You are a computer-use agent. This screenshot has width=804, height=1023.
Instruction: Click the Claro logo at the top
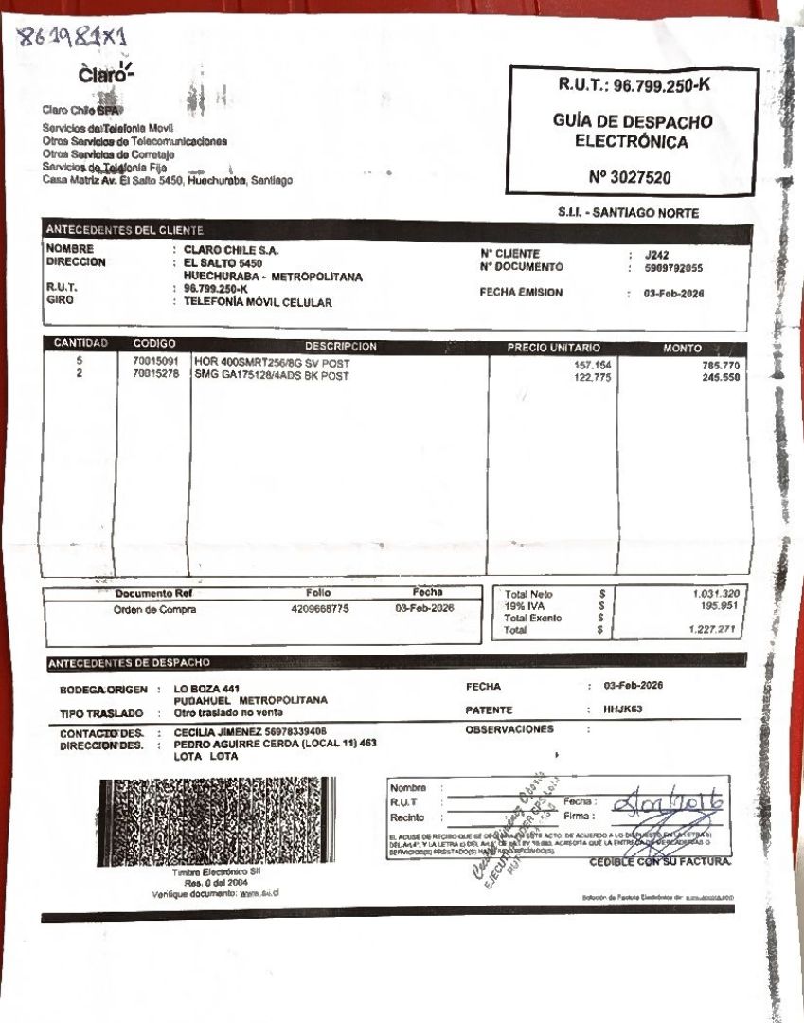pyautogui.click(x=106, y=74)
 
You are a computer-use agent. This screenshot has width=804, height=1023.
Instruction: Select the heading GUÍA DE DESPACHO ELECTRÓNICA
pyautogui.click(x=634, y=132)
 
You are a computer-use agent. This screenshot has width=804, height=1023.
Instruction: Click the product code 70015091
pyautogui.click(x=155, y=362)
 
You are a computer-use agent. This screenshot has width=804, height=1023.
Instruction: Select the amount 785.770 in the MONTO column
pyautogui.click(x=721, y=365)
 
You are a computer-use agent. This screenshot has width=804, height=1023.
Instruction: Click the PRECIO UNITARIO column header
pyautogui.click(x=554, y=348)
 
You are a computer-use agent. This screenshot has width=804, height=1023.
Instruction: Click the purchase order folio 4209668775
pyautogui.click(x=320, y=609)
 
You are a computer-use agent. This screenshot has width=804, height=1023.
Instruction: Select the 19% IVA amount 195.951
pyautogui.click(x=720, y=605)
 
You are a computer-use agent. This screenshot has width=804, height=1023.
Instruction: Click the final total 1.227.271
pyautogui.click(x=716, y=629)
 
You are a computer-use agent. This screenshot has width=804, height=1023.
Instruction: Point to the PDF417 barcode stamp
pyautogui.click(x=216, y=821)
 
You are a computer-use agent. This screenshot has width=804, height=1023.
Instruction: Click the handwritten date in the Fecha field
pyautogui.click(x=669, y=804)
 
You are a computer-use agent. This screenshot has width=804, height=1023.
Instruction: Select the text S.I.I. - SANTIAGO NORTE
pyautogui.click(x=629, y=213)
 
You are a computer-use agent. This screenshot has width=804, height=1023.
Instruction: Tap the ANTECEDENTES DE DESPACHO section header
pyautogui.click(x=129, y=662)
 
